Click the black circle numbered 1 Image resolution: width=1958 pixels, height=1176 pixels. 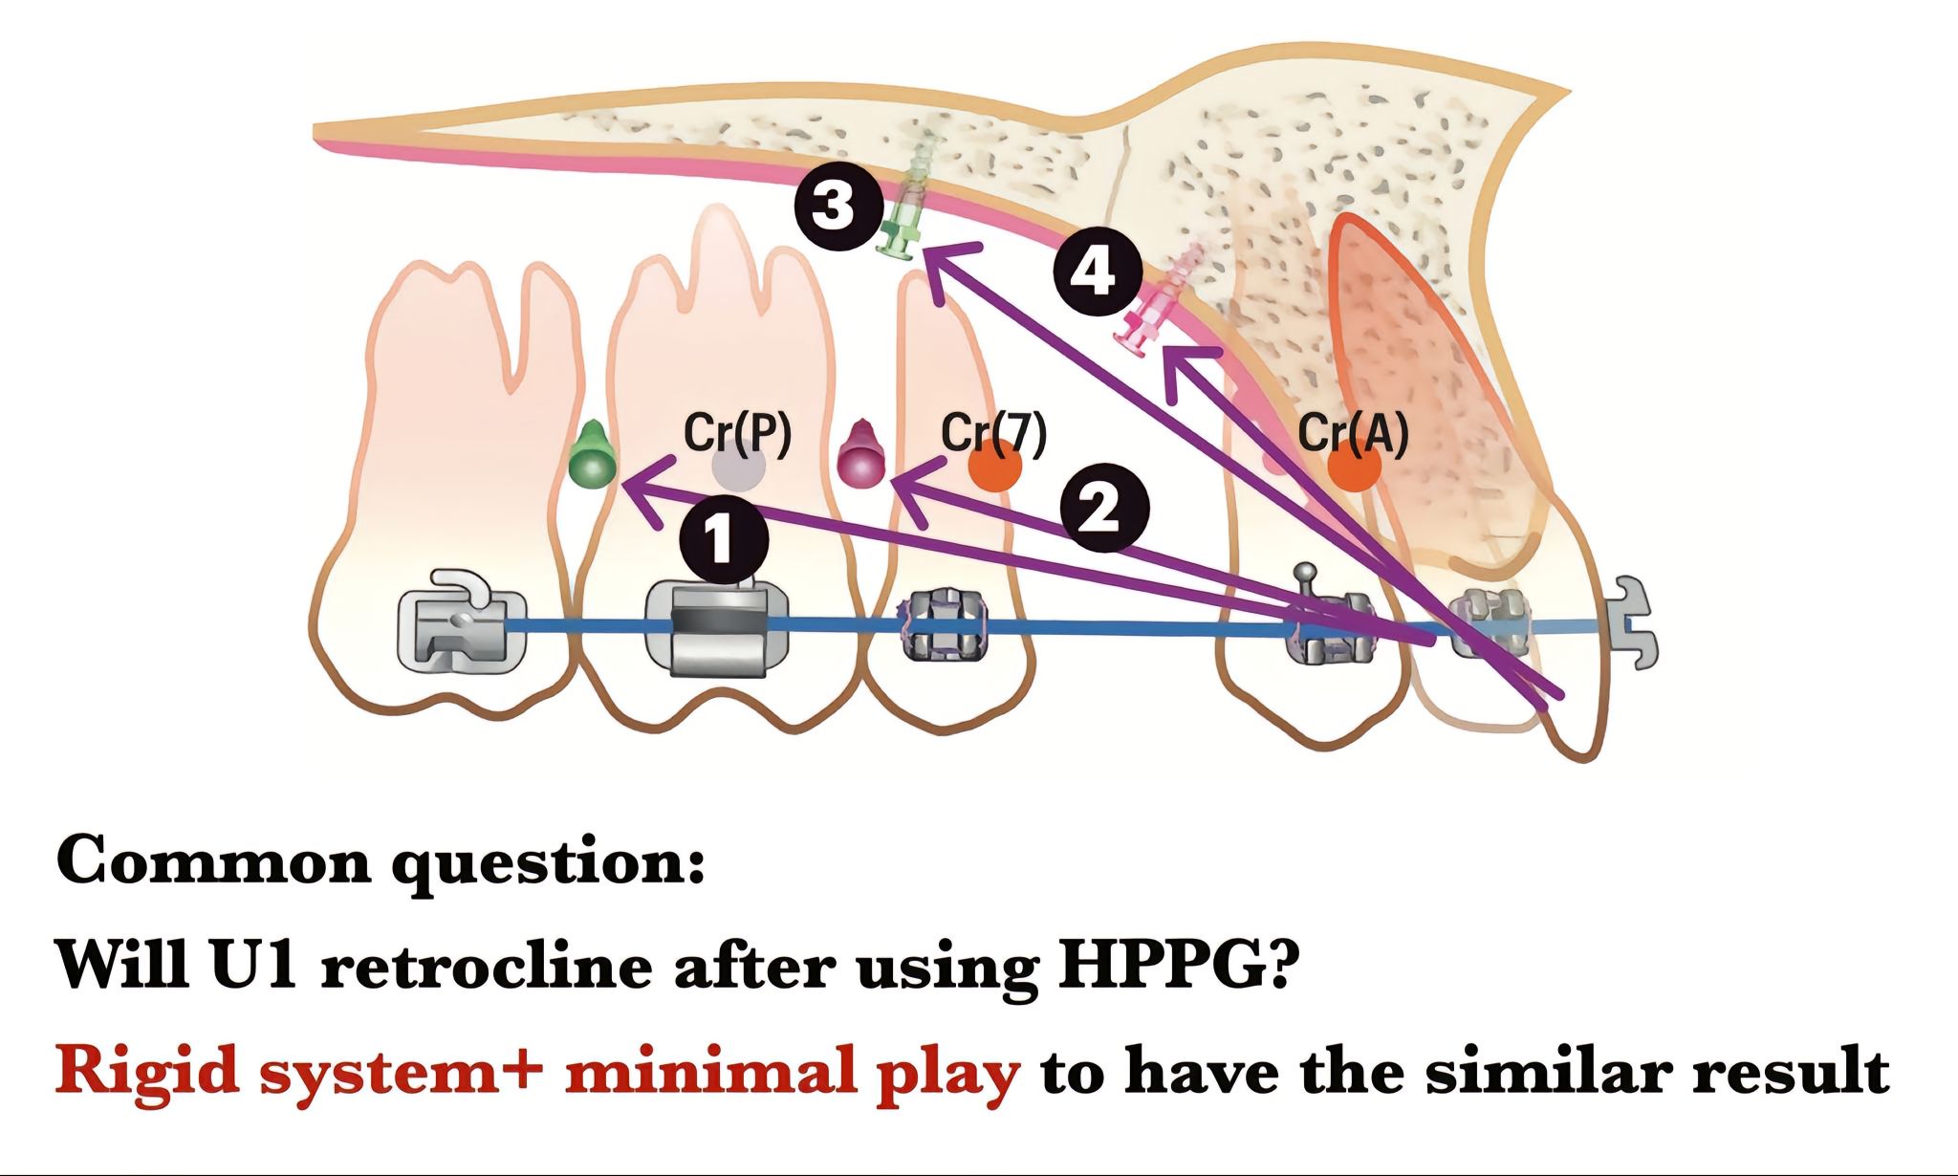(724, 539)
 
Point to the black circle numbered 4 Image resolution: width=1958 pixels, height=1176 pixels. (1097, 274)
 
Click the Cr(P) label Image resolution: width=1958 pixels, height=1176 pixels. (737, 433)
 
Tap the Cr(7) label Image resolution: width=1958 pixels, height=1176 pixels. (994, 433)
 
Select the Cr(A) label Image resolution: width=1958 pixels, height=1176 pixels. (1353, 434)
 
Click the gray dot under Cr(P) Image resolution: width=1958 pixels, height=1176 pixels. (739, 469)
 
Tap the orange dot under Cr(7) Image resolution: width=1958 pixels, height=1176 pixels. (995, 468)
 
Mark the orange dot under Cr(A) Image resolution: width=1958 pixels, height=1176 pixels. (1354, 468)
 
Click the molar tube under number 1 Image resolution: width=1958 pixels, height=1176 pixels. (719, 627)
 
